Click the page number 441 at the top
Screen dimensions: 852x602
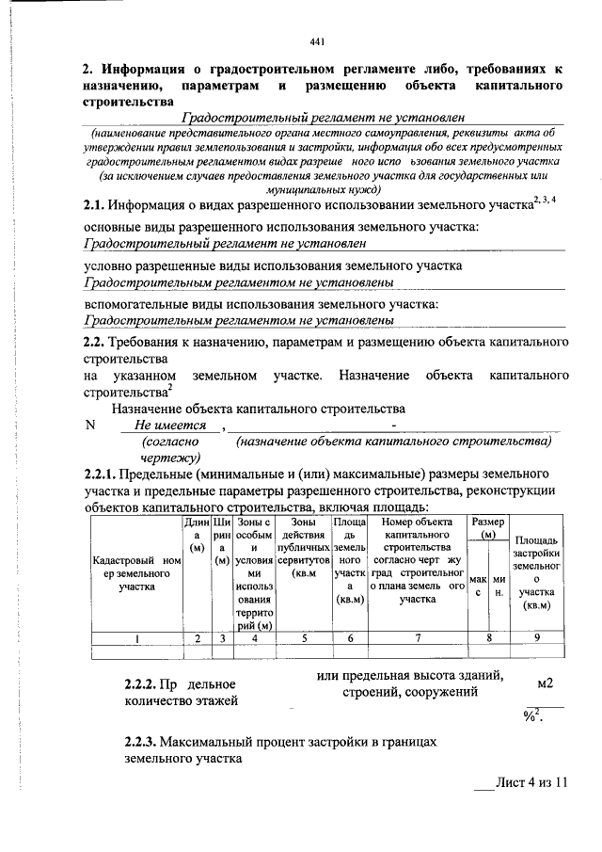pos(316,40)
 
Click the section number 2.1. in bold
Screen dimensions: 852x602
pos(93,204)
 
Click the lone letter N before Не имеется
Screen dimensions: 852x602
pos(90,425)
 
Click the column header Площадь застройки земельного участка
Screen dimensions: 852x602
pos(537,573)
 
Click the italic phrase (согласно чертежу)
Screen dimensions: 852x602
pos(169,448)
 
